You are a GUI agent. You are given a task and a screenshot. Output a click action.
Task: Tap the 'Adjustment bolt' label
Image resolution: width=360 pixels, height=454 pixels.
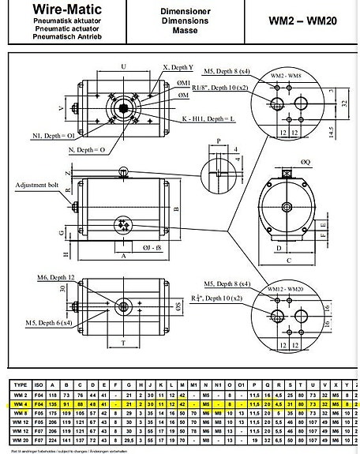[x=38, y=185]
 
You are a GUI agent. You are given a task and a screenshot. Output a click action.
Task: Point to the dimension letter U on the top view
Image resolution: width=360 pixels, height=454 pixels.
[x=123, y=66]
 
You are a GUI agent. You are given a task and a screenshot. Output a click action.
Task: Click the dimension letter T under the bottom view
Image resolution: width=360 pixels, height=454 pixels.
[x=124, y=343]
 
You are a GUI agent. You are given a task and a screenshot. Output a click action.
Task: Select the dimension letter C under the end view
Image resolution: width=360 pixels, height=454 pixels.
[x=290, y=260]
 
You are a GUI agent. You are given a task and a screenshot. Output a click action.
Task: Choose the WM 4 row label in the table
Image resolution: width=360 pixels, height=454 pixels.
[x=21, y=404]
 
